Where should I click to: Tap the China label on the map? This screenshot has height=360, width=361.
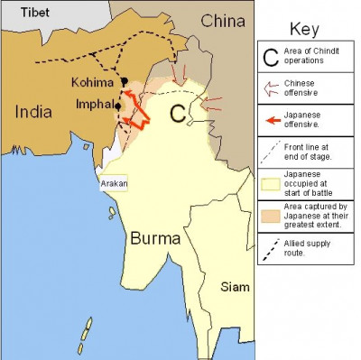223,20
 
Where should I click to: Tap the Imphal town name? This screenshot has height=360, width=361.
92,106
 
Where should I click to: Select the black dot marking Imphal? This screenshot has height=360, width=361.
117,107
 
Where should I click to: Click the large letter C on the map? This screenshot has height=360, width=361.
179,113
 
